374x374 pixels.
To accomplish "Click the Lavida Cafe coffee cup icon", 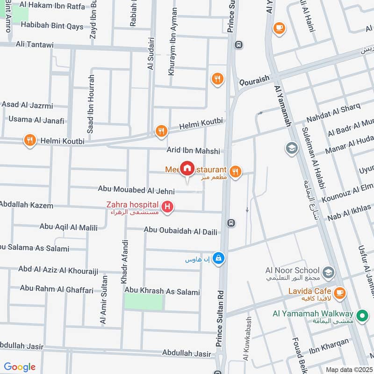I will tap(340, 293).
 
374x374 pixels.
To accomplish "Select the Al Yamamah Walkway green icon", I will tap(361, 316).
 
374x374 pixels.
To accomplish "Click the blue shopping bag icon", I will tap(218, 258).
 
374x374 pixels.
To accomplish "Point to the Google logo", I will tap(20, 367).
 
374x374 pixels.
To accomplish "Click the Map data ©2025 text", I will tap(348, 369).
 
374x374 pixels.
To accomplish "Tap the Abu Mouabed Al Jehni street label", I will tap(136, 190).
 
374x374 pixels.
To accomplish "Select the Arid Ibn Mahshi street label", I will tap(193, 151).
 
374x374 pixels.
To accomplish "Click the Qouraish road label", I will tap(255, 80).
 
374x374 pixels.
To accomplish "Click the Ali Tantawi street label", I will tap(35, 44).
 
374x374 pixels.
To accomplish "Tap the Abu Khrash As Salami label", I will tap(162, 292).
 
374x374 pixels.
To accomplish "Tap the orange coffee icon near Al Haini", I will tap(279, 28).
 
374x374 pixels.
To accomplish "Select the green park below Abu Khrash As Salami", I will tap(144, 302).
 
